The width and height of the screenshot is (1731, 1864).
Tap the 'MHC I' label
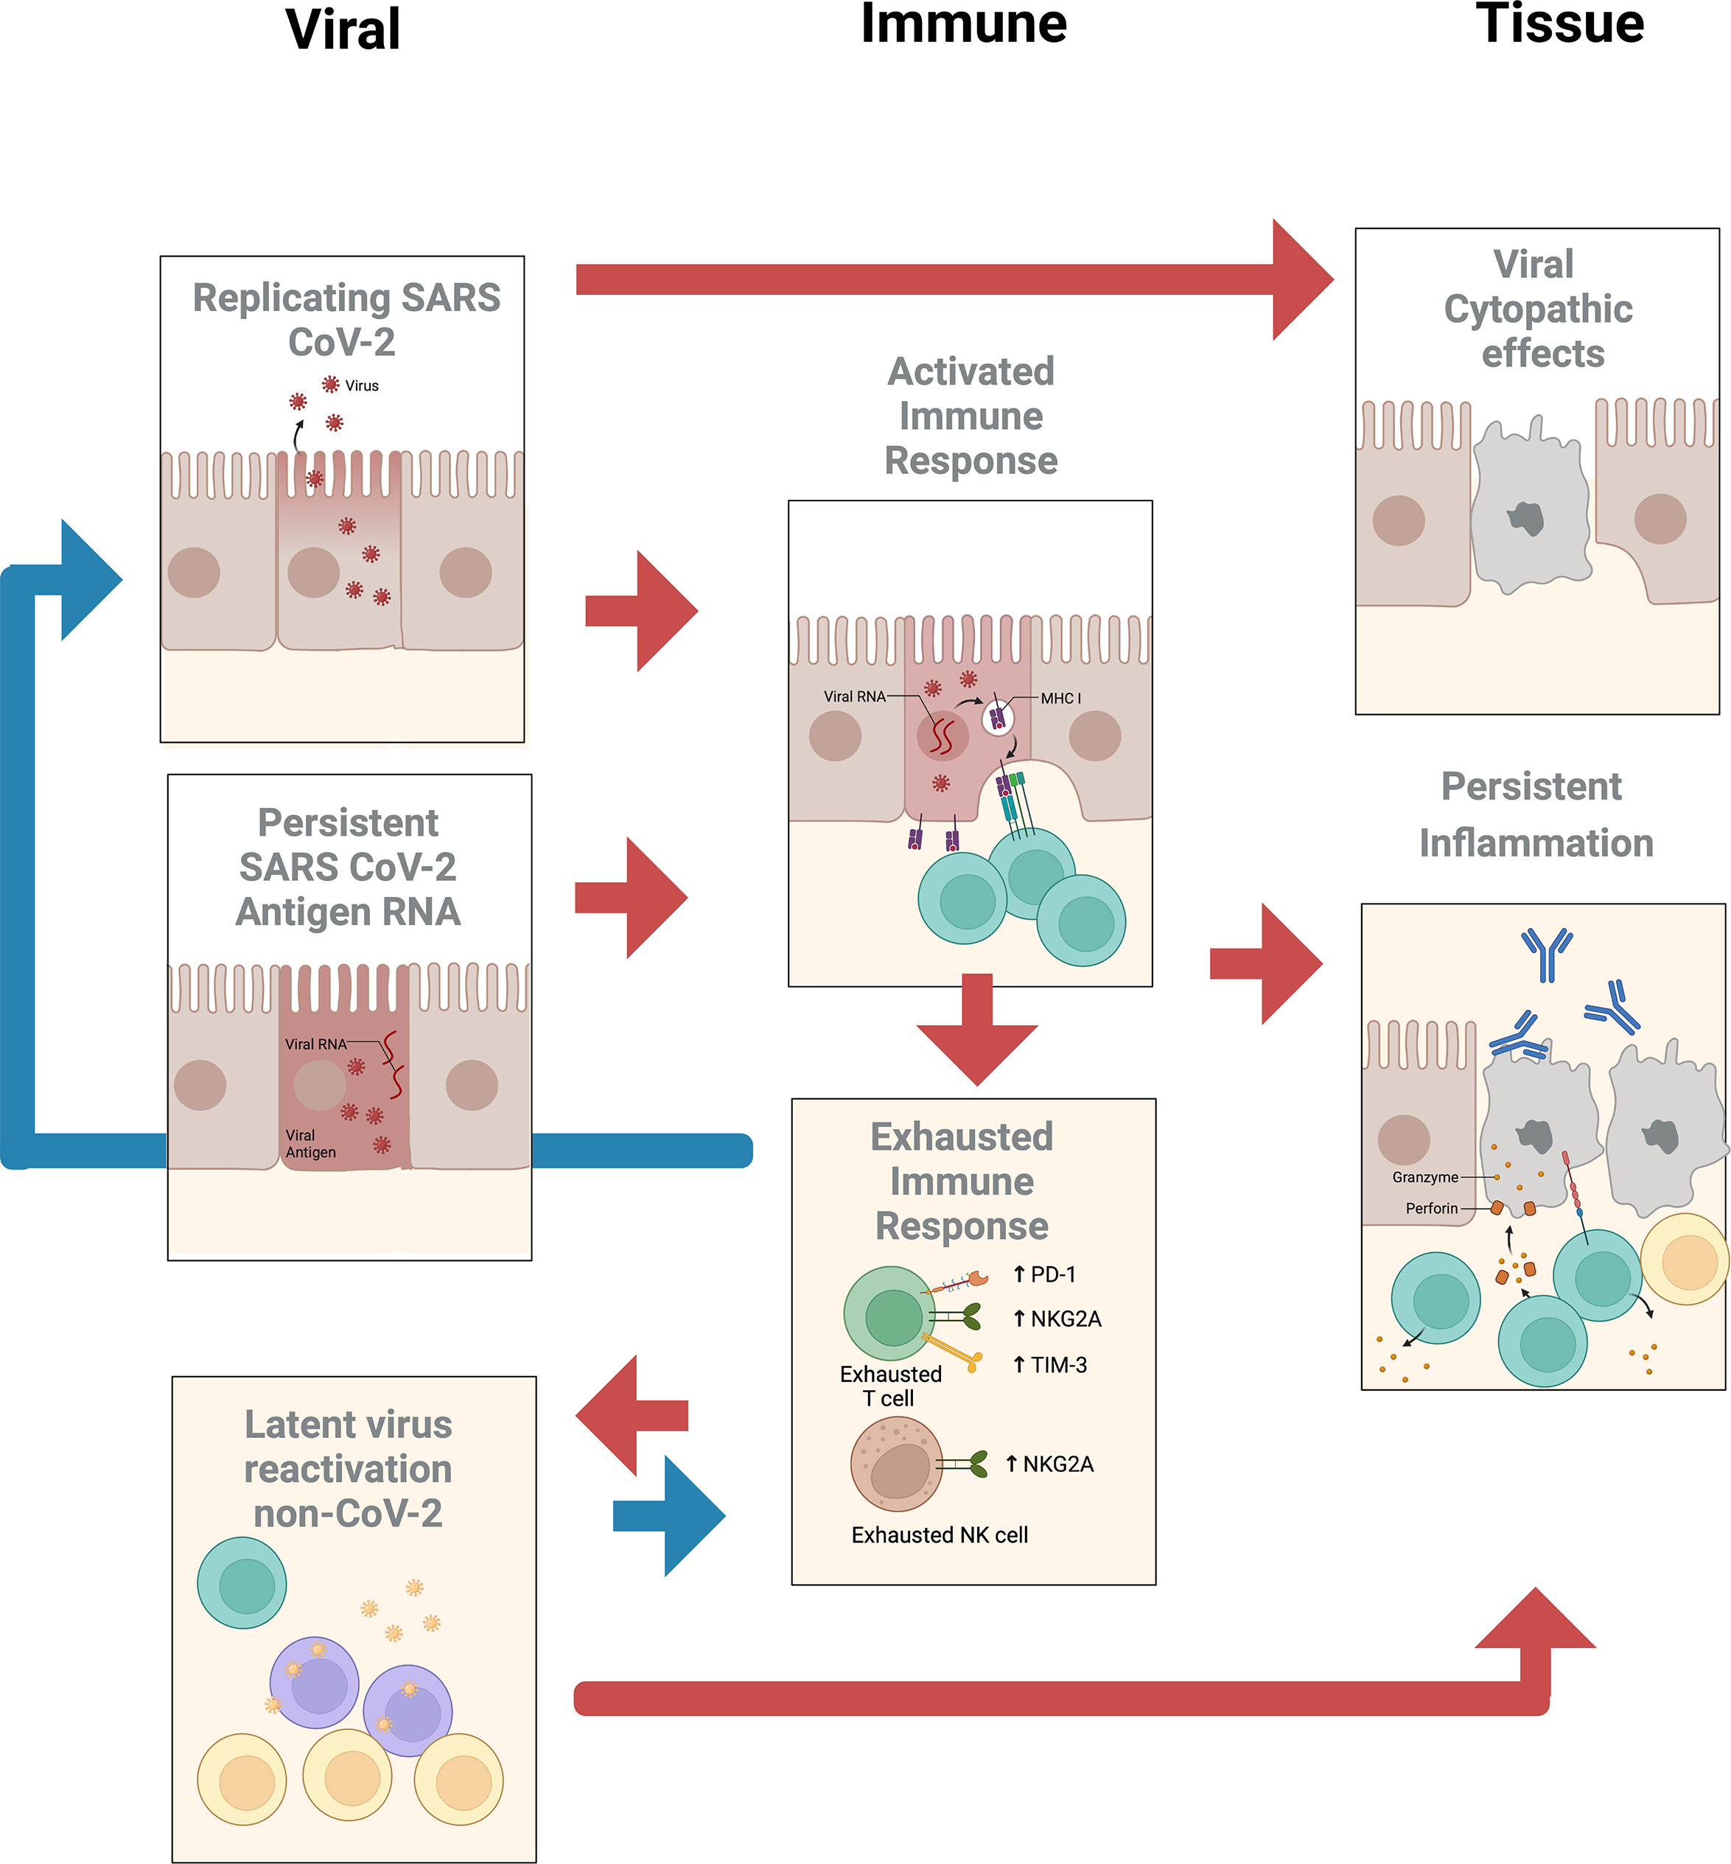[x=1060, y=698]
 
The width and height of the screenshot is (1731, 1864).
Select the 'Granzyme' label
[x=1424, y=1177]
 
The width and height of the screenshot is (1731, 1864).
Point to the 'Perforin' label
[x=1431, y=1208]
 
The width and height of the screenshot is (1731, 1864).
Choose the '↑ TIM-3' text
[x=1050, y=1365]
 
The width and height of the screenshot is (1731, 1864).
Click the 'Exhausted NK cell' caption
[x=940, y=1535]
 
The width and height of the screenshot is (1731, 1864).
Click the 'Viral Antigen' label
[x=310, y=1144]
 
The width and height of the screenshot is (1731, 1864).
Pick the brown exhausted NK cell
[x=895, y=1464]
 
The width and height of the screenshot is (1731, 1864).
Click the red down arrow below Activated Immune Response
[x=977, y=1030]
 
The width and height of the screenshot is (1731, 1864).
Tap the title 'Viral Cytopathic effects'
[x=1537, y=309]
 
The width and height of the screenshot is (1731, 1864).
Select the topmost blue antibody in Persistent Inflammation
[x=1547, y=954]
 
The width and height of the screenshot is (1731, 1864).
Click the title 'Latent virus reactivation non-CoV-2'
[x=348, y=1469]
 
